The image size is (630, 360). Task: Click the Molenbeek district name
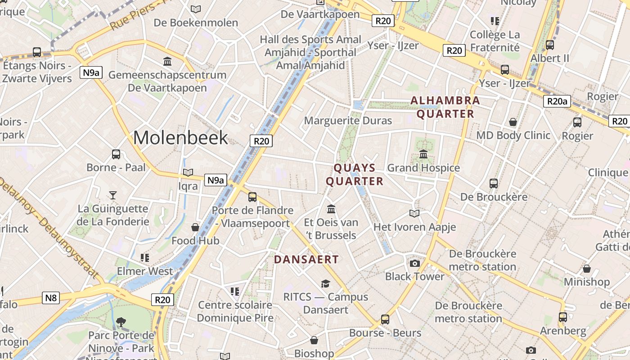coord(180,137)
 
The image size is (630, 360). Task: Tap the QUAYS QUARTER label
coord(355,175)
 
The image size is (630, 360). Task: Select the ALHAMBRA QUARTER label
coord(445,107)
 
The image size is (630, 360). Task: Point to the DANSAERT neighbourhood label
coord(306,259)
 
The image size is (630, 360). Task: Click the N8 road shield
coord(51,297)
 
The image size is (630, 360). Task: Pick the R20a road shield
coord(557,101)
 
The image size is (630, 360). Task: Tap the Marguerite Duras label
coord(348,121)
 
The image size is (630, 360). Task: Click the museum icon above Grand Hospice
coord(423,154)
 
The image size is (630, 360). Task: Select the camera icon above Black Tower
coord(415,263)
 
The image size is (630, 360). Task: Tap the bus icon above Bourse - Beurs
coord(385,319)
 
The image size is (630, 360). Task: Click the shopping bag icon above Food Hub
coord(195,227)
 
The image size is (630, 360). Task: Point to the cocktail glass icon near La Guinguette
coord(113,195)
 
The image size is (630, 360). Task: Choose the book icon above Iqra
coord(188,173)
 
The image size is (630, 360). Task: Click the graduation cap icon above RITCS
coord(325,283)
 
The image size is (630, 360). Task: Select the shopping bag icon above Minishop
coord(586,269)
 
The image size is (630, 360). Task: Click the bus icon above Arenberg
coord(563,317)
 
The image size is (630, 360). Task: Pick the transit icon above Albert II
coord(549,45)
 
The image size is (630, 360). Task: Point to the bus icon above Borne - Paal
coord(116,154)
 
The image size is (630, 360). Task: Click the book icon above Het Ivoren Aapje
coord(414,213)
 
